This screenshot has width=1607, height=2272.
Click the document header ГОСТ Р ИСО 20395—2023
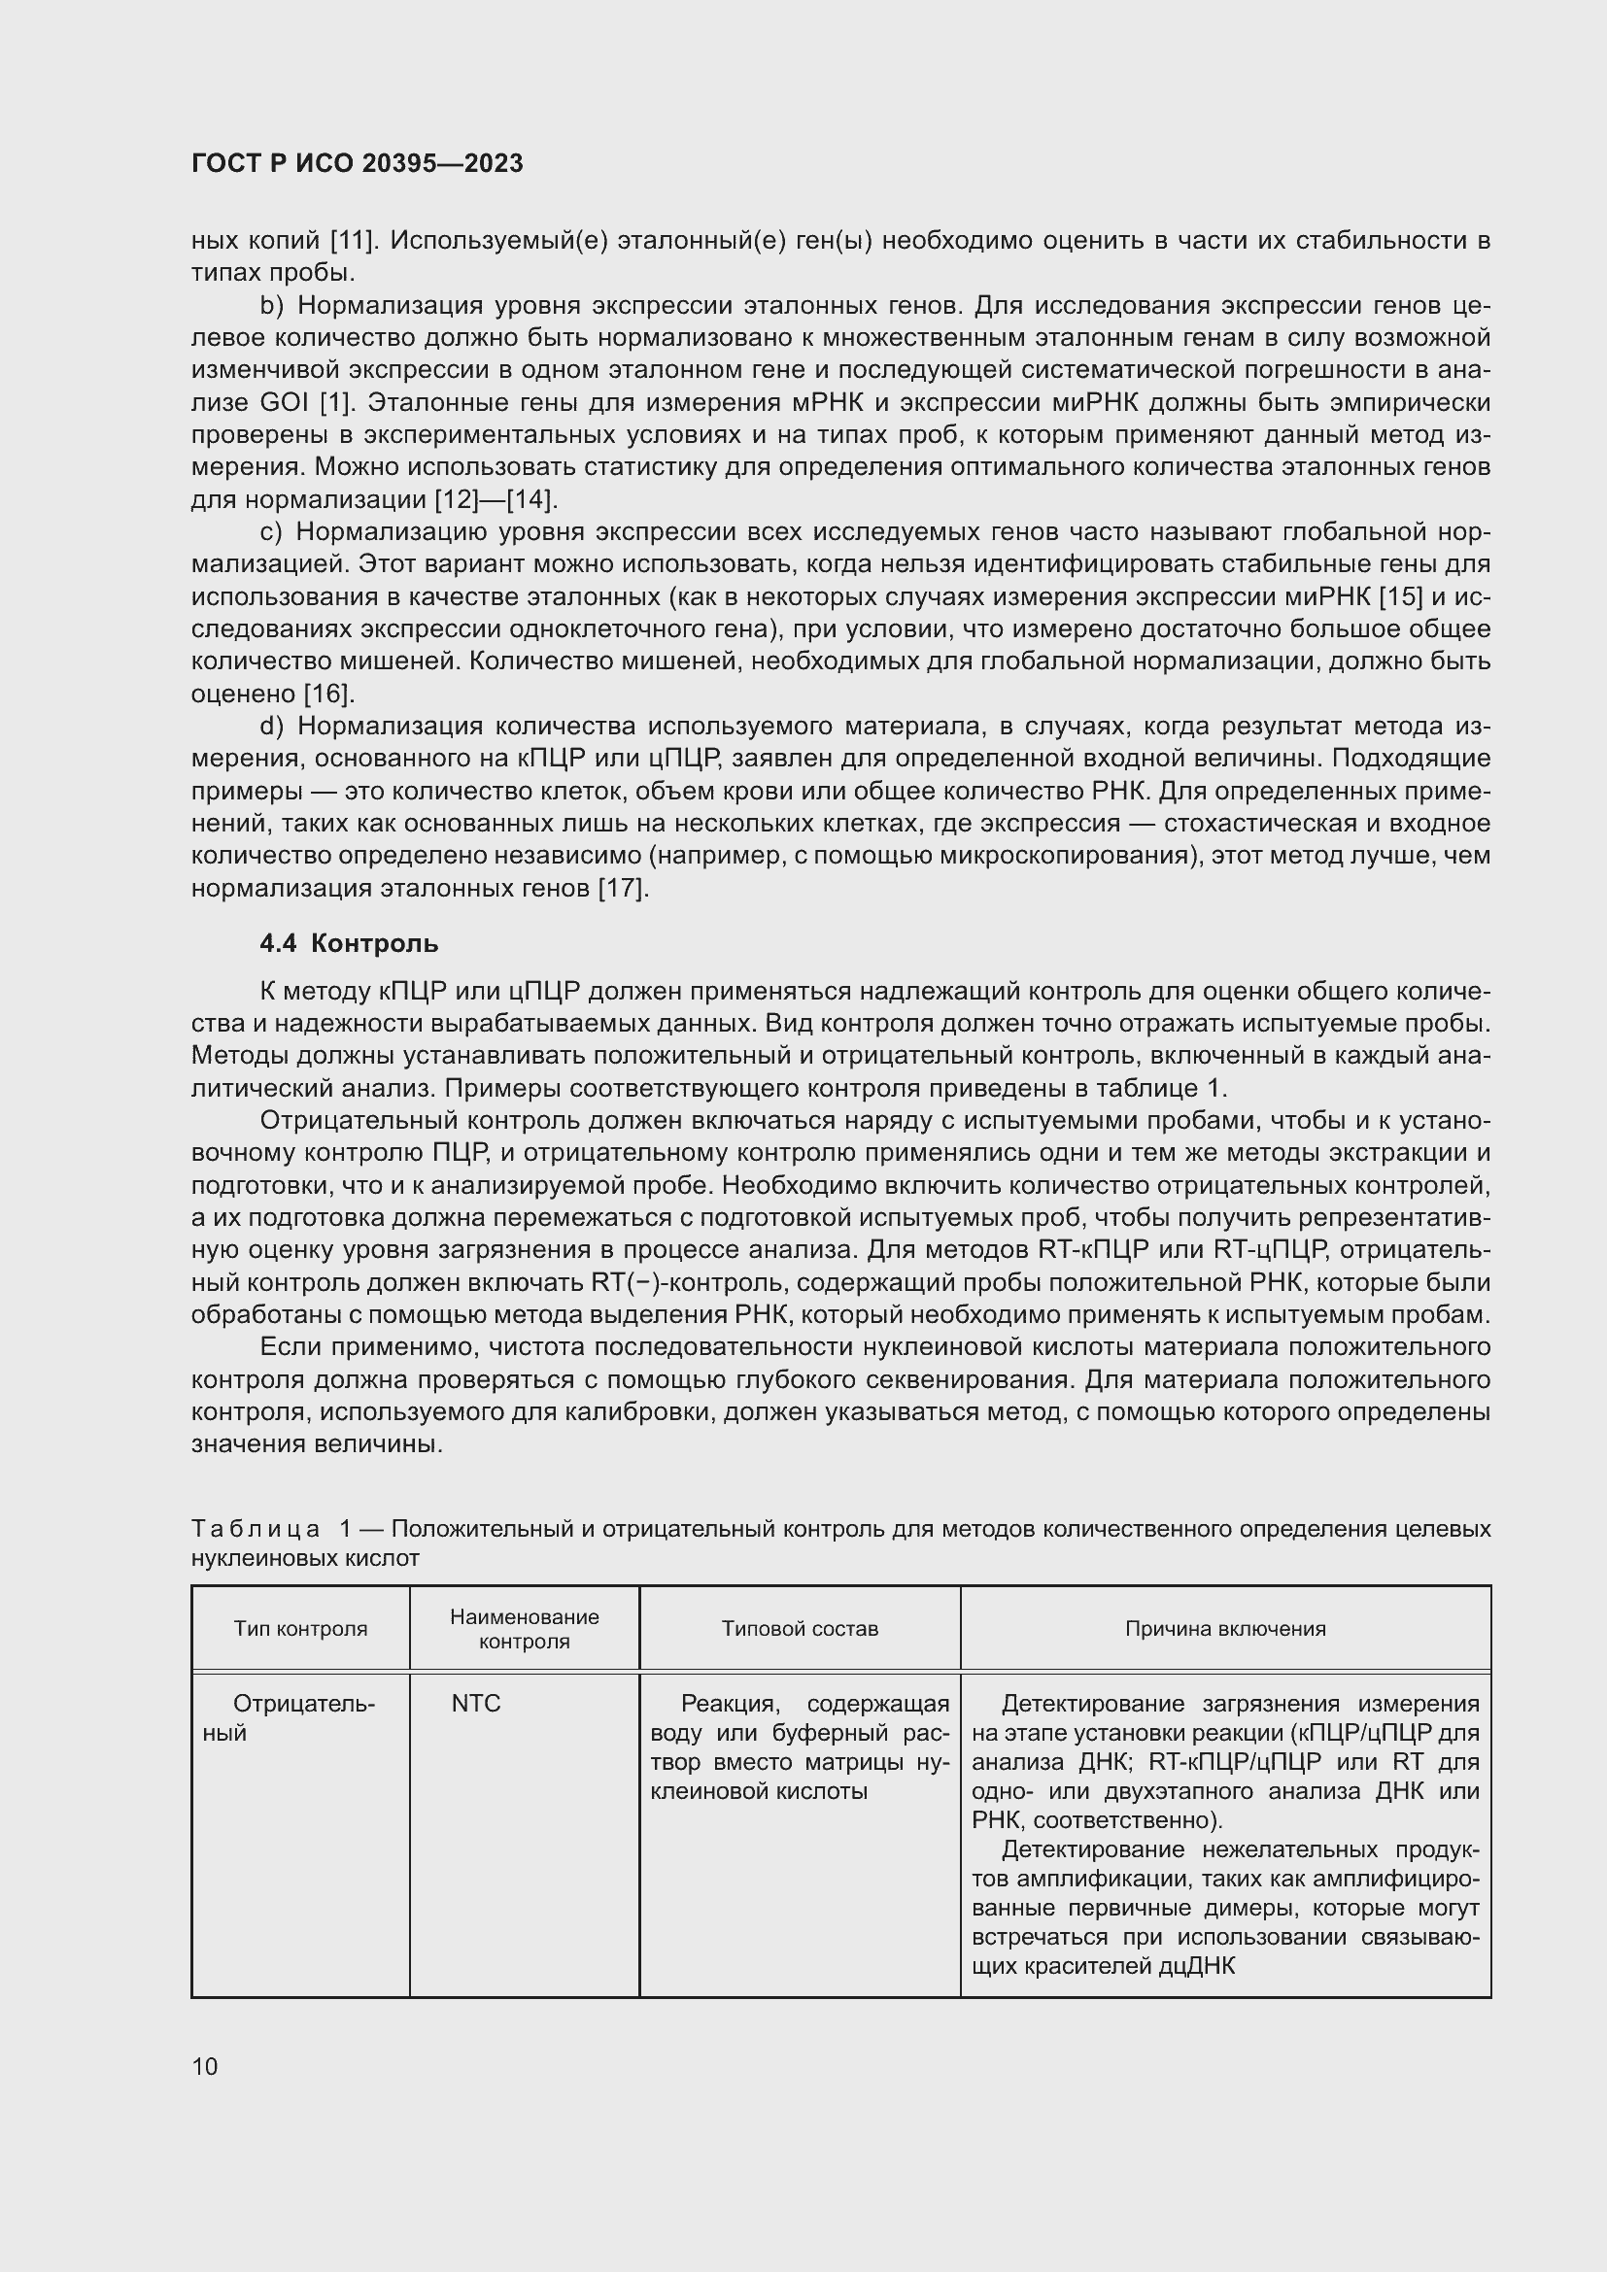pyautogui.click(x=358, y=164)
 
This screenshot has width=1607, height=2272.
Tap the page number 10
pyautogui.click(x=205, y=2066)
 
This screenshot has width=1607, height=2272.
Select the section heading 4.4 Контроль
pyautogui.click(x=349, y=943)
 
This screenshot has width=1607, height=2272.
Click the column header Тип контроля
pyautogui.click(x=300, y=1628)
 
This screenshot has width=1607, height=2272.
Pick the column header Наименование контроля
pyautogui.click(x=525, y=1628)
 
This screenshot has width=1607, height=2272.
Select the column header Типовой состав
pyautogui.click(x=800, y=1628)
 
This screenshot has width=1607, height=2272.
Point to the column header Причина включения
pyautogui.click(x=1225, y=1628)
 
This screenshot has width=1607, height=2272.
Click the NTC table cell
pyautogui.click(x=476, y=1703)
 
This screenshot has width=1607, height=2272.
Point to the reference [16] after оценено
pyautogui.click(x=327, y=694)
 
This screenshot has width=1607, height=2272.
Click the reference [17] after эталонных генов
pyautogui.click(x=623, y=889)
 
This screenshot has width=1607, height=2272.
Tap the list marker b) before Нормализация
pyautogui.click(x=271, y=306)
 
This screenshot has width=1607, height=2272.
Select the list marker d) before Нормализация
pyautogui.click(x=271, y=727)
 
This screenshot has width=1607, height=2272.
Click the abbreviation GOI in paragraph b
pyautogui.click(x=285, y=403)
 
